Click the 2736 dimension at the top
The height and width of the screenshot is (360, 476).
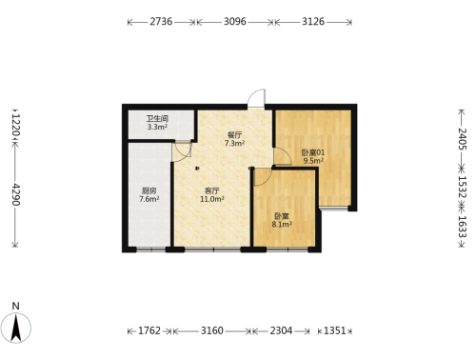pos(161,22)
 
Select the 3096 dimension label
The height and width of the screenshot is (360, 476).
pos(235,22)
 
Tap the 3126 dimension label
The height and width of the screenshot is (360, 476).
pos(313,22)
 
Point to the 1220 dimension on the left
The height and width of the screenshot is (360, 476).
pos(15,126)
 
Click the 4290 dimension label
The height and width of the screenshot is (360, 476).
pos(15,194)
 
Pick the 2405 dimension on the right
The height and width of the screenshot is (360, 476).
pos(462,139)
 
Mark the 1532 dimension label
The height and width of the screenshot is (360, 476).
pos(462,187)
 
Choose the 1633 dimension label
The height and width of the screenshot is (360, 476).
pos(462,227)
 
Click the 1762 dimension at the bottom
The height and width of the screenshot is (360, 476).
pos(149,330)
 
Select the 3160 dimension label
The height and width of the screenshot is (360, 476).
pos(212,330)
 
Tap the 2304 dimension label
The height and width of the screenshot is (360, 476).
pos(281,330)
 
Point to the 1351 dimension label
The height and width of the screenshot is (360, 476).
pos(334,330)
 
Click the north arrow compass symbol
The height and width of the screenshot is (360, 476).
pos(16,328)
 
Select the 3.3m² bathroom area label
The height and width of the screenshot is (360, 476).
pos(157,128)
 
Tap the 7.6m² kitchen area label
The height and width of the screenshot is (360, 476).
pos(149,199)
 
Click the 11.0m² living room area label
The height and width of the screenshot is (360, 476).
pos(212,199)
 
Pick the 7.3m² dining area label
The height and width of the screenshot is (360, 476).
pos(234,144)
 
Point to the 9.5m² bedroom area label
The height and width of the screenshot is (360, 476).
pos(313,161)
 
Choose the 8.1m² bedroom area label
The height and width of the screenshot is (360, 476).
pos(282,225)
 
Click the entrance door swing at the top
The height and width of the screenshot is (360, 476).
pos(256,99)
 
